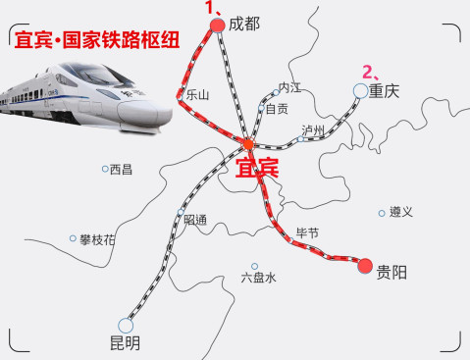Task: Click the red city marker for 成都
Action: [x=218, y=27]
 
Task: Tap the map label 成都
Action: [x=244, y=25]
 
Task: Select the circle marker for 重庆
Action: [x=360, y=91]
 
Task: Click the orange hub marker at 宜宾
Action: [x=247, y=144]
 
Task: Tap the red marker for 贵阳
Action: [x=365, y=265]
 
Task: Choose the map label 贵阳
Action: [x=392, y=273]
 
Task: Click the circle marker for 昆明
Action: [x=126, y=324]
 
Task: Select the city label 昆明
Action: [x=125, y=342]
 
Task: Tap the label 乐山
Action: [x=197, y=95]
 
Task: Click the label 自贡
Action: [x=278, y=109]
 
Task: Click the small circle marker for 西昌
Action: [x=105, y=169]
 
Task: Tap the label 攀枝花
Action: [x=97, y=239]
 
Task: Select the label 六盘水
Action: [x=258, y=278]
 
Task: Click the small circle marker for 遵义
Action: [x=382, y=212]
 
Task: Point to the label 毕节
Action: [x=307, y=232]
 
